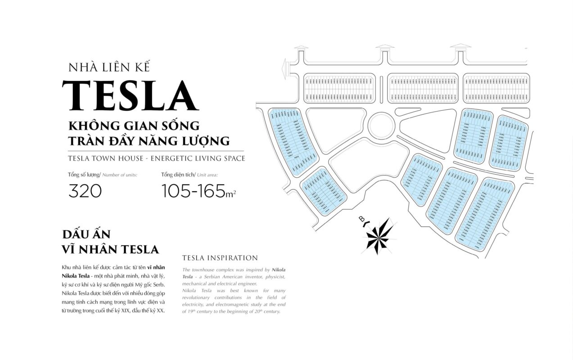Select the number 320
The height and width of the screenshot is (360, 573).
coord(85,191)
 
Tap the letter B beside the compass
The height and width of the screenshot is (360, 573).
coord(361,220)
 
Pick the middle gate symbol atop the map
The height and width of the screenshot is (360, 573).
coord(384,47)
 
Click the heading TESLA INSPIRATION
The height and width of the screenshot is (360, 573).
coord(220,258)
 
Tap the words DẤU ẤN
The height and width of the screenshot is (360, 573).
coord(86,234)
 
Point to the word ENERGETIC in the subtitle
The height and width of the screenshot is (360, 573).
coord(176,158)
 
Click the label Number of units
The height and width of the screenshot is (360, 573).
coord(120,174)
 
